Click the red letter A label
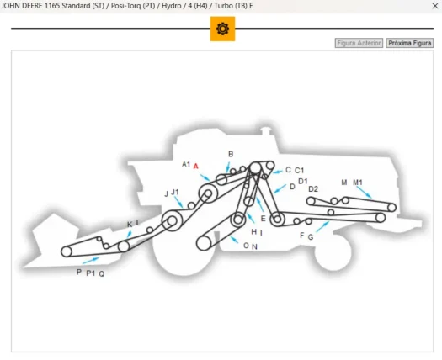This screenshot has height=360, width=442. pos(195,167)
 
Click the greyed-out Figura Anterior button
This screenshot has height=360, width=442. pos(359,43)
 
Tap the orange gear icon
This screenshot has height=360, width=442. pos(223,29)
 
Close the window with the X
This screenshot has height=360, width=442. pos(435,6)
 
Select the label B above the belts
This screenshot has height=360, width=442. pos(231,154)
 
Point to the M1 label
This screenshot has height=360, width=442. pos(358,183)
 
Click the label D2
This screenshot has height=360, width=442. pos(313,189)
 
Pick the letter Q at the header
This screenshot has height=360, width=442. pos(102,274)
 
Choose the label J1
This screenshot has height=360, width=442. pos(175,192)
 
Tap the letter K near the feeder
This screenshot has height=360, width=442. pos(130,225)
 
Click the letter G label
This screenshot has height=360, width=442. pos(311,237)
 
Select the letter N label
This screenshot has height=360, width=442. pos(254,246)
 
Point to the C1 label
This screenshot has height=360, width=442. pos(299,171)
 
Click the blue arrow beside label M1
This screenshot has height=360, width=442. pos(364,192)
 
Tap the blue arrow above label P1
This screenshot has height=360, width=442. pos(91,261)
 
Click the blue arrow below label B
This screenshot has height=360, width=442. pos(228,167)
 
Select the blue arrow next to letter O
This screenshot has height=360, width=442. pos(234,240)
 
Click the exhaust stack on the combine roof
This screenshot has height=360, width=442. pos(265,131)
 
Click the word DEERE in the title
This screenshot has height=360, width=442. pos(32,6)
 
